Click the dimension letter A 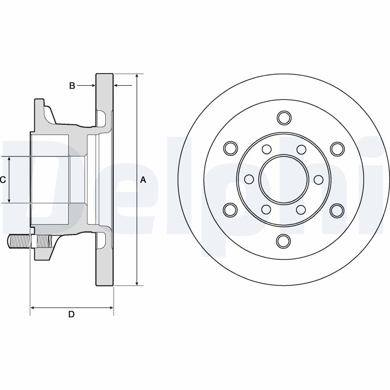pyautogui.click(x=143, y=179)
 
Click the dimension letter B pyautogui.click(x=72, y=86)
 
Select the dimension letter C pyautogui.click(x=2, y=179)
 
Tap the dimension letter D pyautogui.click(x=71, y=314)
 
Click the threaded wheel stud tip pyautogui.click(x=10, y=241)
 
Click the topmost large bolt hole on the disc pyautogui.click(x=284, y=118)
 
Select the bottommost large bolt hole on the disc pyautogui.click(x=284, y=241)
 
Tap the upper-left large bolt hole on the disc pyautogui.click(x=231, y=148)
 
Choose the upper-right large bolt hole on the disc pyautogui.click(x=337, y=149)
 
